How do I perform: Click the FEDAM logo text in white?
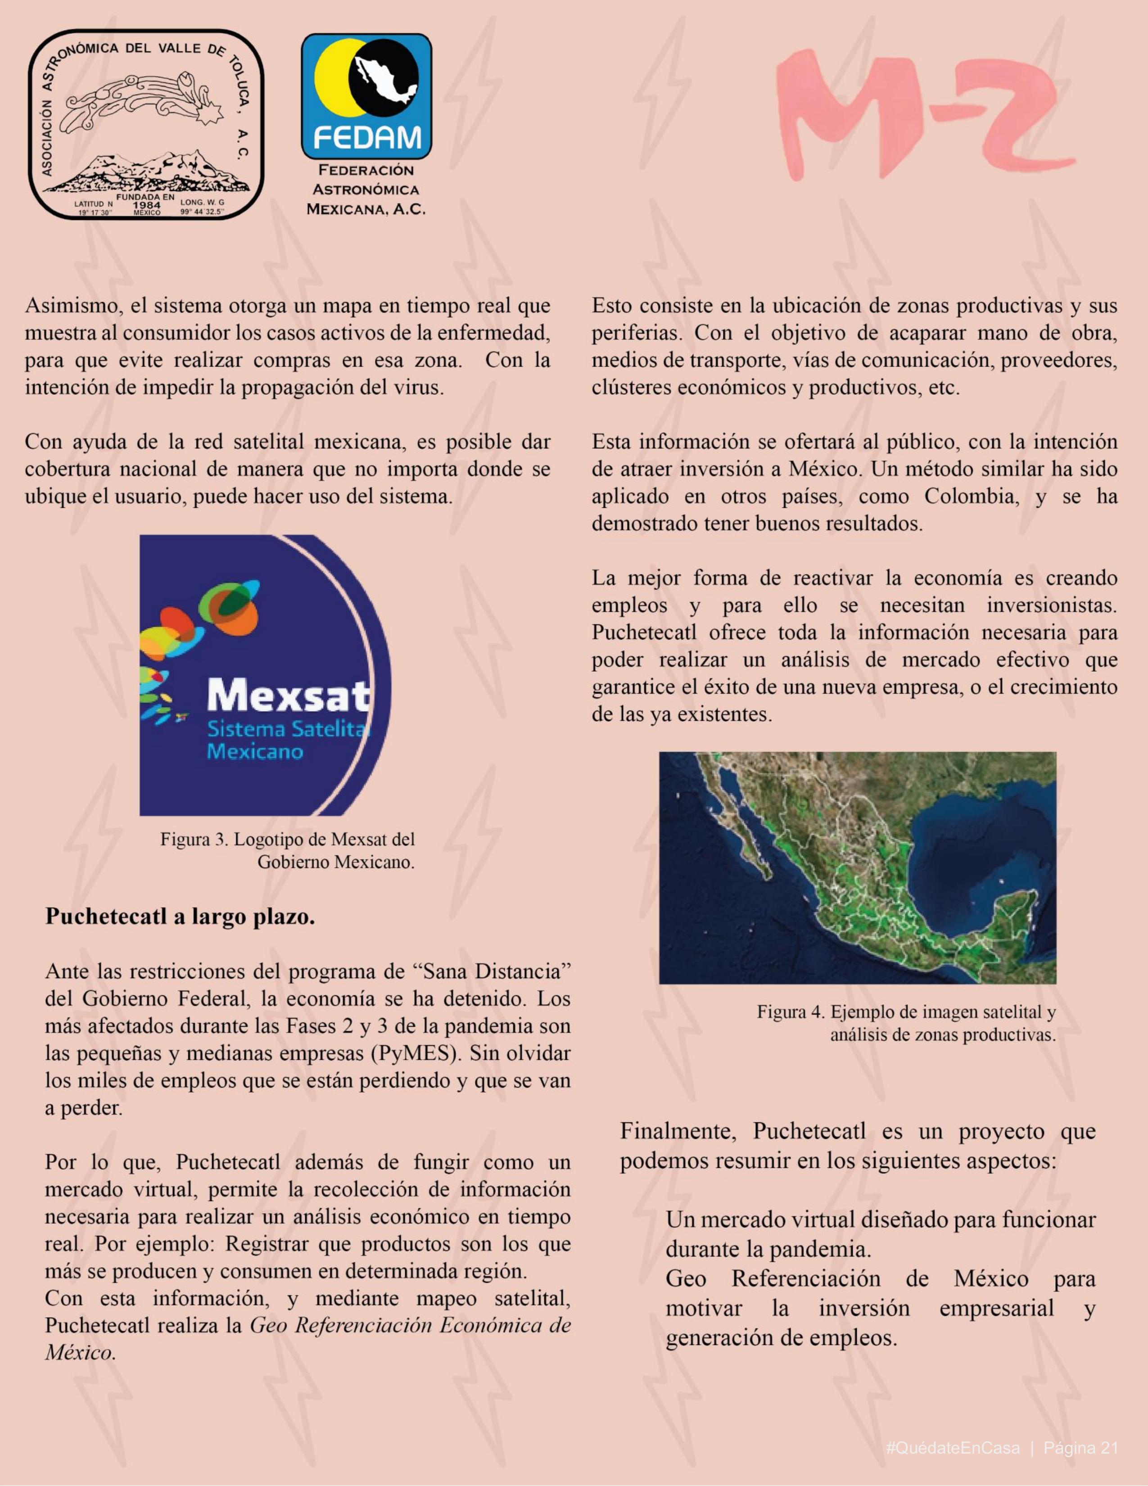[366, 140]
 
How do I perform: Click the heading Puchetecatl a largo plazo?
[181, 917]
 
